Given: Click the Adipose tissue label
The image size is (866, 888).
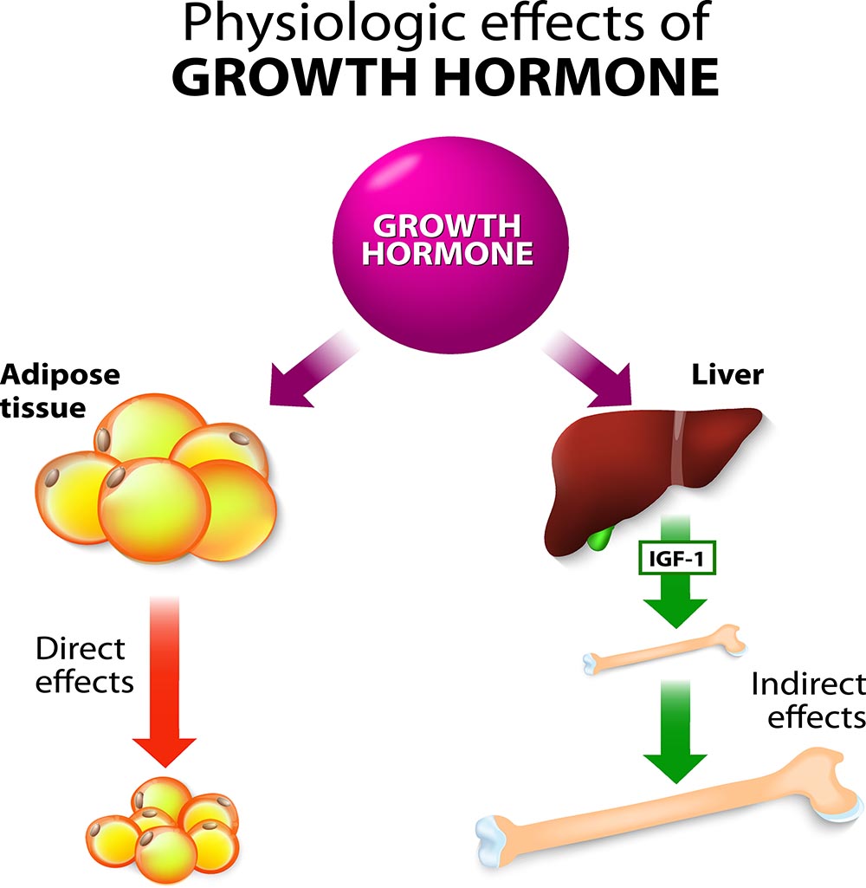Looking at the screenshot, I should pyautogui.click(x=61, y=390).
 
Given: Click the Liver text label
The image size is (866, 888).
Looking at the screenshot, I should pyautogui.click(x=727, y=375).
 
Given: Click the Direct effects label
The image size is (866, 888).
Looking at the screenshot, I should pyautogui.click(x=85, y=665).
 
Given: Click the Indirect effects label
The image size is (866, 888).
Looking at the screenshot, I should pyautogui.click(x=808, y=700).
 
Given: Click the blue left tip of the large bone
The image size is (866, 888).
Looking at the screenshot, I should pyautogui.click(x=496, y=839).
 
